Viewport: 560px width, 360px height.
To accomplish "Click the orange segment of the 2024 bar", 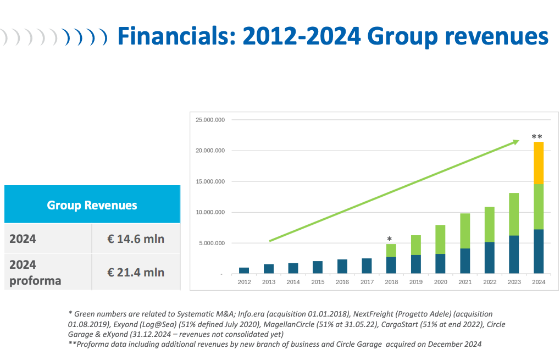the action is click(539, 163).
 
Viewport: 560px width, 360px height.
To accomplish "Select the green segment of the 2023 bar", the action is click(514, 214).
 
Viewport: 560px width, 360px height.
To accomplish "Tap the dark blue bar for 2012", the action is click(244, 271).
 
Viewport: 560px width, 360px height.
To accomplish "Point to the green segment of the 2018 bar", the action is click(391, 251).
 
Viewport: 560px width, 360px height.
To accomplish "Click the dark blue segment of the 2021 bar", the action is click(465, 261).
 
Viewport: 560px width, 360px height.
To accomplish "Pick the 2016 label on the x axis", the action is click(342, 282).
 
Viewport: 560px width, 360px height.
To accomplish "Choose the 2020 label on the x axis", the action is click(440, 282).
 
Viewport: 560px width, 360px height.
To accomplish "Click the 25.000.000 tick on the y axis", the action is click(210, 120).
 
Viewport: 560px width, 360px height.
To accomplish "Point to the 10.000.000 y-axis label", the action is click(210, 212).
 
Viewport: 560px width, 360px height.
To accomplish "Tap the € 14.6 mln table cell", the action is click(136, 239).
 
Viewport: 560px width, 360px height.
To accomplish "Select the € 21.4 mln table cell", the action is click(136, 272).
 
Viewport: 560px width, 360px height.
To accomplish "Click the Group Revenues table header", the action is click(92, 204).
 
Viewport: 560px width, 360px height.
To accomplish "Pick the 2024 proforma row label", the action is click(35, 273).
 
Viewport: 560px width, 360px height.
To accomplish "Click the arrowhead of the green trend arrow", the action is click(517, 142).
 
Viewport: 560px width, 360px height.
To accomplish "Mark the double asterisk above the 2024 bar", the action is click(537, 136).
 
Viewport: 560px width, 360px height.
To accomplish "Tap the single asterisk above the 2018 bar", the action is click(389, 239).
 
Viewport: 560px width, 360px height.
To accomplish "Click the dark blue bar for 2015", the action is click(318, 268).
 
